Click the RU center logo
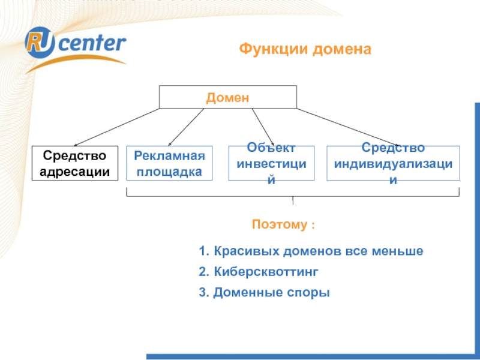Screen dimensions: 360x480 point(75,45)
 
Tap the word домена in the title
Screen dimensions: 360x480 point(341,49)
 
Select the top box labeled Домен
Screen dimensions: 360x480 point(227,97)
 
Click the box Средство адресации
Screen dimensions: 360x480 point(75,163)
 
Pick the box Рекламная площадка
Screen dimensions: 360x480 point(169,163)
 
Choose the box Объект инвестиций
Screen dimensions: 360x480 point(272,163)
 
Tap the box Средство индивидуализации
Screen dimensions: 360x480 point(393,163)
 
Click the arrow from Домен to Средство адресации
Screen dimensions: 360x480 point(114,127)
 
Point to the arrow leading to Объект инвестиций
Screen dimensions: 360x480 point(263,126)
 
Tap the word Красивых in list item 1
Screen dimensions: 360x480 point(240,251)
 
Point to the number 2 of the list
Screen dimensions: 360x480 point(203,272)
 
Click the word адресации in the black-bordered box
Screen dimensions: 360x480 point(75,171)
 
